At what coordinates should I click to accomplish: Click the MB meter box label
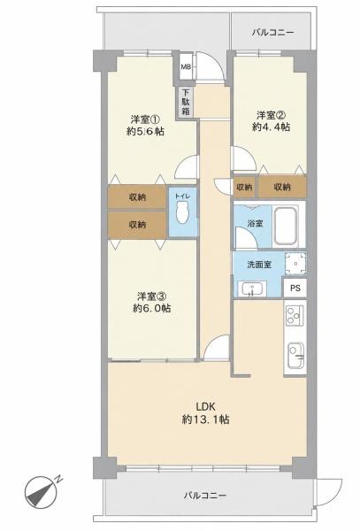[x=186, y=66]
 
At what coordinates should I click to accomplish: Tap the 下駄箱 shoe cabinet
[x=186, y=102]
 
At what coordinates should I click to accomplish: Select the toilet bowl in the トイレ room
[x=183, y=212]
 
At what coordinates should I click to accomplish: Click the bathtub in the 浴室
[x=286, y=225]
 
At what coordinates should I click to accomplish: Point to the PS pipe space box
[x=295, y=289]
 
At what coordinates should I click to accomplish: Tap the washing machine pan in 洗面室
[x=295, y=263]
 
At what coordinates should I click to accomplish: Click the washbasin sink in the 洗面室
[x=252, y=289]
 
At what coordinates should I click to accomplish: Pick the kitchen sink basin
[x=295, y=356]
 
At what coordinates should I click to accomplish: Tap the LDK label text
[x=206, y=407]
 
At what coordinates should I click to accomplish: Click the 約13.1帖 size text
[x=206, y=419]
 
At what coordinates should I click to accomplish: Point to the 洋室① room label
[x=145, y=119]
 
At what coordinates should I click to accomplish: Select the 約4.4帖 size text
[x=271, y=127]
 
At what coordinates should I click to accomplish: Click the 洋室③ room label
[x=151, y=296]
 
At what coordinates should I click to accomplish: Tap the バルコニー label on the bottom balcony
[x=205, y=496]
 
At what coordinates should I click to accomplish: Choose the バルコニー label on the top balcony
[x=273, y=33]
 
